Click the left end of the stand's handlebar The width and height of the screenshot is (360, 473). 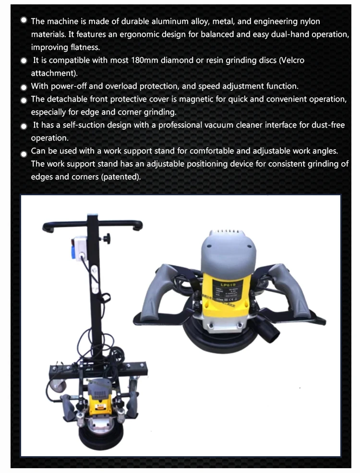click(x=47, y=228)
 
